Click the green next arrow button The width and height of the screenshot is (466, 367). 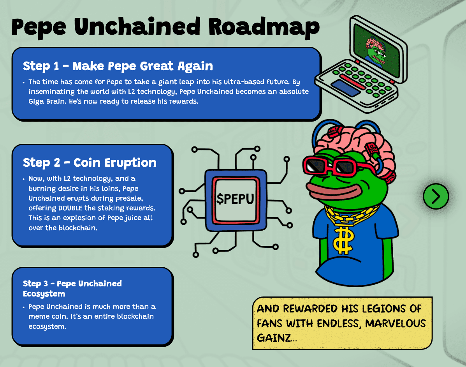436,196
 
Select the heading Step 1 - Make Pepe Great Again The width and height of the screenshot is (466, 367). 118,66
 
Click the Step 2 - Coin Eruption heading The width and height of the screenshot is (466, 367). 90,162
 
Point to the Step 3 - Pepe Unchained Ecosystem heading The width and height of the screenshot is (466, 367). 72,288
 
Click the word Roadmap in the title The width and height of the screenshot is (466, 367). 264,27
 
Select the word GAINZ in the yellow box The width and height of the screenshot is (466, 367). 274,337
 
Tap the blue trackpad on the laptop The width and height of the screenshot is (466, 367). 345,88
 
